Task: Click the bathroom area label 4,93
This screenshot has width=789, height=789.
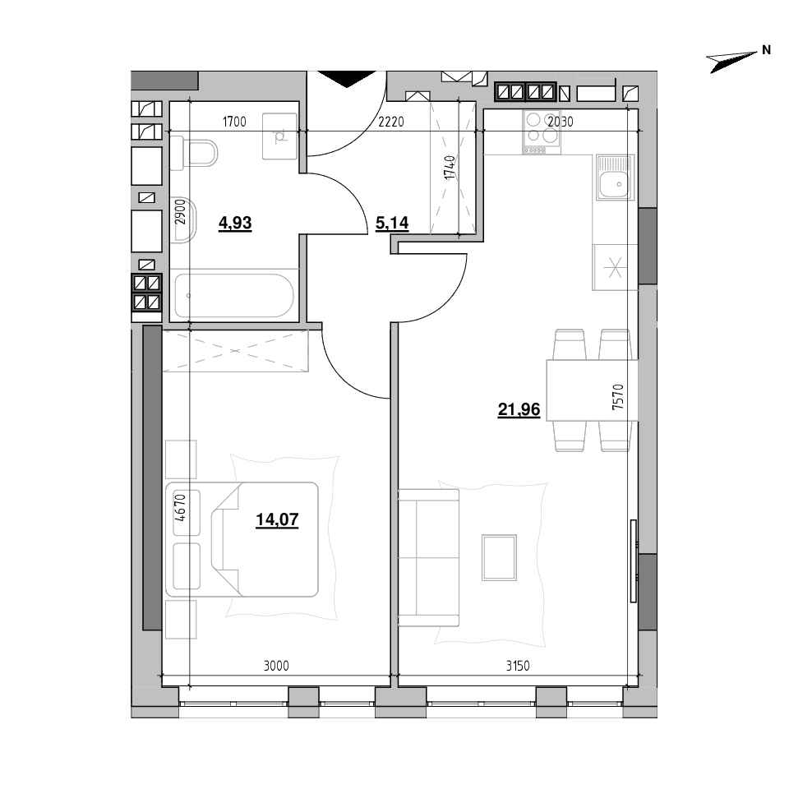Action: (x=235, y=223)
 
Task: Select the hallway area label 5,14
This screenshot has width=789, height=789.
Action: (x=392, y=223)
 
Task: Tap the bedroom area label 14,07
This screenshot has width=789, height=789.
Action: (x=277, y=519)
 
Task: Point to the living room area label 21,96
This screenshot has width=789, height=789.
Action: (x=519, y=409)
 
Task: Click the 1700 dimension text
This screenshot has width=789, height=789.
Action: (x=234, y=122)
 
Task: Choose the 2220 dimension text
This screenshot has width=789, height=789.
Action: (x=391, y=122)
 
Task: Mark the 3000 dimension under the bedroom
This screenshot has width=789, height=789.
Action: (x=276, y=666)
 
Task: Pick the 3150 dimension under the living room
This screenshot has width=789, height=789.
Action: (x=518, y=666)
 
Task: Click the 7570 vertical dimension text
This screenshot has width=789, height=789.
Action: (x=618, y=397)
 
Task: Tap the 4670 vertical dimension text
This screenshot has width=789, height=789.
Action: (x=181, y=508)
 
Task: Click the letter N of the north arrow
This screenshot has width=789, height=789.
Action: (x=766, y=50)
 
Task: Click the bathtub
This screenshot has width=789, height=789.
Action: (x=233, y=295)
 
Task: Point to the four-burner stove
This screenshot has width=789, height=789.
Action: (x=542, y=131)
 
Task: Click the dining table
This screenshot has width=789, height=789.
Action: (x=593, y=390)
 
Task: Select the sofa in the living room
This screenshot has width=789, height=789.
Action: (x=428, y=557)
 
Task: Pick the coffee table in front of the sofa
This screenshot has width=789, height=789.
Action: (x=499, y=557)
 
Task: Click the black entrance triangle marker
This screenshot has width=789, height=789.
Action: (x=347, y=79)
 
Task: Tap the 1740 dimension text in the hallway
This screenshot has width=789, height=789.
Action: (x=450, y=168)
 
